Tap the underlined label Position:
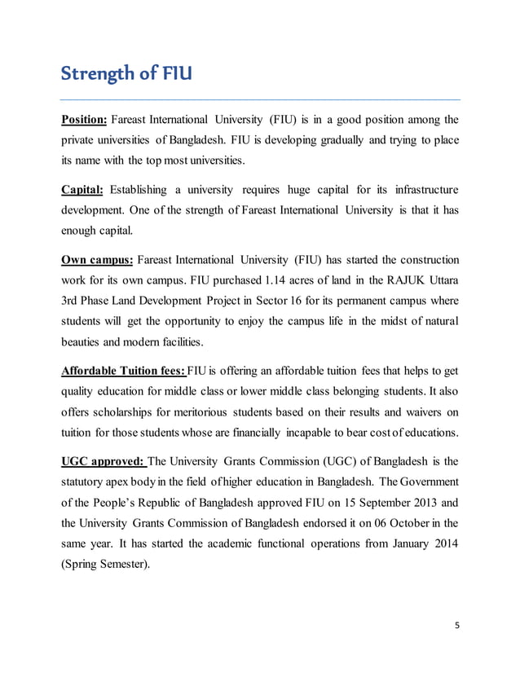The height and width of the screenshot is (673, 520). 85,121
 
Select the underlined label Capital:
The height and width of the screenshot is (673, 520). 82,191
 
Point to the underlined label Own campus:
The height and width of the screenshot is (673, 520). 98,260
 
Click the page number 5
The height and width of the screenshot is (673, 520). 457,626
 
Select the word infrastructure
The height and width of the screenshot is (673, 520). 424,191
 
